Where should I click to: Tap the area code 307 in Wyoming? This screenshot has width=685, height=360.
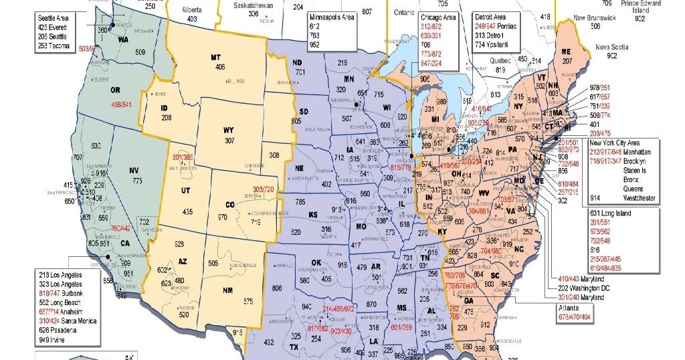[229, 141]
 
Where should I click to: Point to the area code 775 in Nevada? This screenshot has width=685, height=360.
[137, 181]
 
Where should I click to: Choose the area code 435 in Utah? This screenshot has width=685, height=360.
[188, 211]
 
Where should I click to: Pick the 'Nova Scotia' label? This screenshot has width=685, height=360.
[611, 47]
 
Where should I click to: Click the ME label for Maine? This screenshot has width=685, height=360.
[566, 52]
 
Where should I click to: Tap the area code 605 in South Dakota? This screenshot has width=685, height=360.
[296, 121]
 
